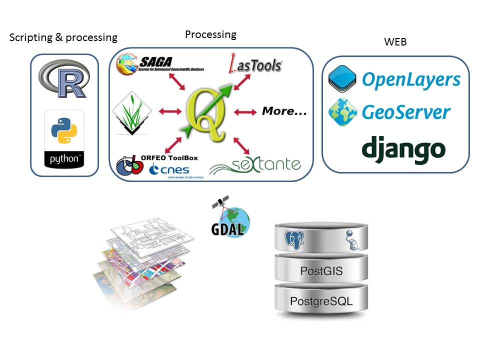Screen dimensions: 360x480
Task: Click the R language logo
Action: pos(64,79)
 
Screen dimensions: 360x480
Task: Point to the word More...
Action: pos(284,112)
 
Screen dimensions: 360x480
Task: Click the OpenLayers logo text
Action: pos(410,79)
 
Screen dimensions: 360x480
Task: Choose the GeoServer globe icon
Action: pos(342,111)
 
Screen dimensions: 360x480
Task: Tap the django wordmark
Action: pos(403,148)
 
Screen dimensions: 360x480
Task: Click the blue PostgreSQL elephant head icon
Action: pos(295,240)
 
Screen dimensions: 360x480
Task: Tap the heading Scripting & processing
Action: pos(63,37)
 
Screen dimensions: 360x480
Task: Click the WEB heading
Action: pos(395,42)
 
